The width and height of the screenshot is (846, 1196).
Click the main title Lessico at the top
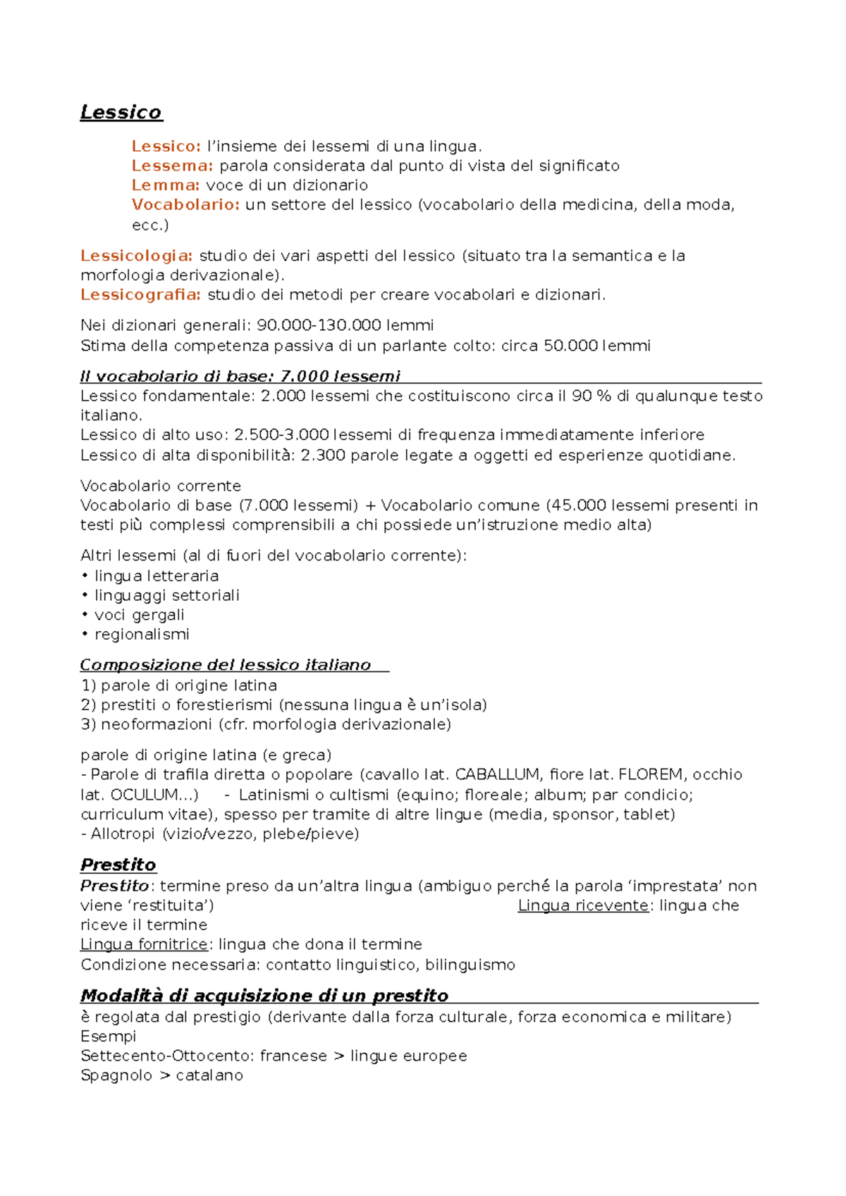[x=121, y=112]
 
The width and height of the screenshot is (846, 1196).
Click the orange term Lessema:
[x=172, y=166]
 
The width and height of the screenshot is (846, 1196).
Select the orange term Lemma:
[x=166, y=185]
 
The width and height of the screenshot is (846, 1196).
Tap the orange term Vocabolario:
[x=185, y=205]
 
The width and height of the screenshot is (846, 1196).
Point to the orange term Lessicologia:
[x=136, y=256]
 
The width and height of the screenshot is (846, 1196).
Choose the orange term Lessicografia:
[x=140, y=295]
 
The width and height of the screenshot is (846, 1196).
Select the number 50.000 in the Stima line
[x=571, y=346]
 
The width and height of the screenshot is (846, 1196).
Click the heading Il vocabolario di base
[x=240, y=377]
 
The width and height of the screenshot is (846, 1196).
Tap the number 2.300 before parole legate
[x=323, y=456]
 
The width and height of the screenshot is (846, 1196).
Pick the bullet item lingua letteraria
[x=157, y=576]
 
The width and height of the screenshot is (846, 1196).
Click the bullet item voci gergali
[x=140, y=615]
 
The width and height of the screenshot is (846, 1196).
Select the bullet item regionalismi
[x=142, y=635]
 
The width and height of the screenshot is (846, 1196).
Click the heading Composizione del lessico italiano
[x=225, y=665]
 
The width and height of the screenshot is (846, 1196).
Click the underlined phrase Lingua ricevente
[x=582, y=906]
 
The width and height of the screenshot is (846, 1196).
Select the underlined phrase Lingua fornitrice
[x=144, y=945]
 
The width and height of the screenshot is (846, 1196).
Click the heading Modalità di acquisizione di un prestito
[x=264, y=996]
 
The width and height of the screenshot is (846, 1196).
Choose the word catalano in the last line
[x=209, y=1076]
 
